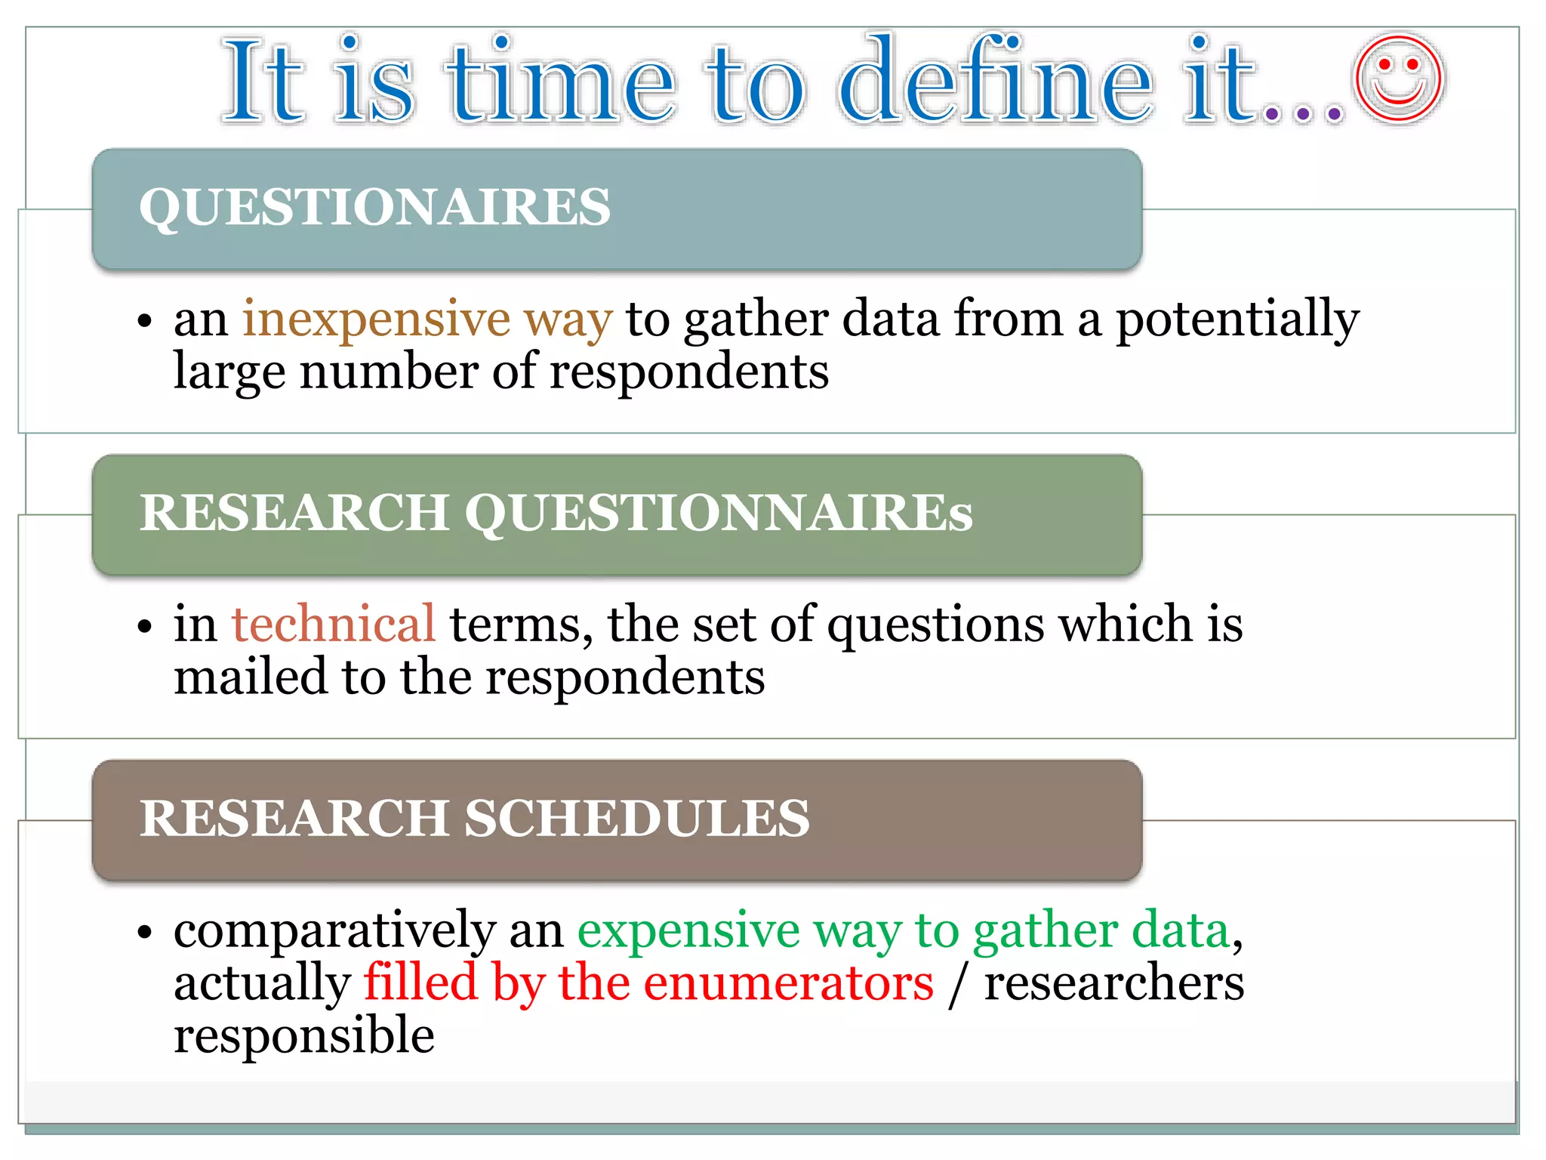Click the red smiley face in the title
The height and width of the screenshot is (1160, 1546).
tap(1398, 78)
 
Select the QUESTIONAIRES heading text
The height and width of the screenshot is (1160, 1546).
tap(374, 206)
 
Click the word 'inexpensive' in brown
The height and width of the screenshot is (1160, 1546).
tap(376, 319)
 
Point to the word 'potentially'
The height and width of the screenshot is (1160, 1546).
tap(1237, 319)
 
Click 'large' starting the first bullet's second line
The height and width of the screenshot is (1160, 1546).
tap(229, 372)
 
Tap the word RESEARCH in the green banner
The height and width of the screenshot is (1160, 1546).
tap(294, 513)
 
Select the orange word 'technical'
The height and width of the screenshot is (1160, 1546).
tap(333, 625)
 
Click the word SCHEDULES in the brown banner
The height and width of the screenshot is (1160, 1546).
tap(636, 819)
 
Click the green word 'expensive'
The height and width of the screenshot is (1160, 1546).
tap(688, 930)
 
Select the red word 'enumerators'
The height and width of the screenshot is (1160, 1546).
tap(788, 983)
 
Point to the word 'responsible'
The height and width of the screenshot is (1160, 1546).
tap(303, 1036)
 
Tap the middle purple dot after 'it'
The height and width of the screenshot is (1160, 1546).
tap(1303, 115)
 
